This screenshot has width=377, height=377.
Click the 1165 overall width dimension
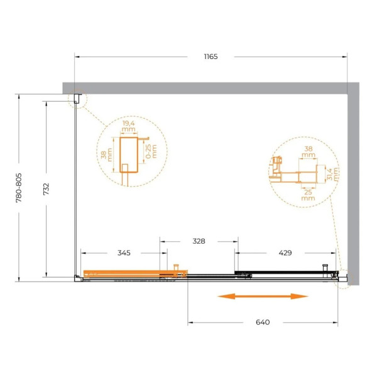click(x=210, y=57)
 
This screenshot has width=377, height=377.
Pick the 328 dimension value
click(x=199, y=241)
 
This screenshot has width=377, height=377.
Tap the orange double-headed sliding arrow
click(x=263, y=296)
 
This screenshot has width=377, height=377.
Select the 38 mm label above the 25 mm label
click(x=307, y=151)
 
